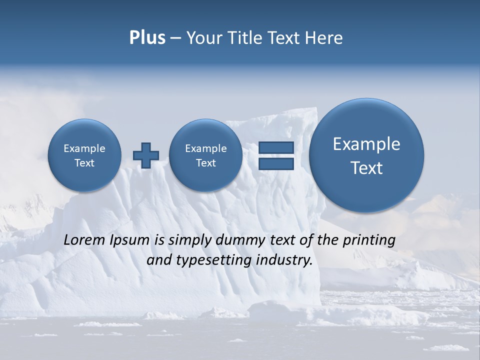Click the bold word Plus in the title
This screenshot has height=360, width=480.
pos(147,37)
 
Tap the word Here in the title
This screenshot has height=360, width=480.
pos(324,38)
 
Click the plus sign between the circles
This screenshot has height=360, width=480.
pos(146,155)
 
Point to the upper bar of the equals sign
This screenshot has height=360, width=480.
pos(276,147)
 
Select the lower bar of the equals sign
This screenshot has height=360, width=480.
pos(276,164)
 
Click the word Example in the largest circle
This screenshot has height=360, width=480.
pos(366,144)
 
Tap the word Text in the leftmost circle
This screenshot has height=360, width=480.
pos(84,163)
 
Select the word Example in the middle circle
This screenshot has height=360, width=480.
pos(205,148)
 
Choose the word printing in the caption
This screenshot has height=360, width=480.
pos(368,240)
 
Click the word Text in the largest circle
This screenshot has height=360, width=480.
pos(366,168)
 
